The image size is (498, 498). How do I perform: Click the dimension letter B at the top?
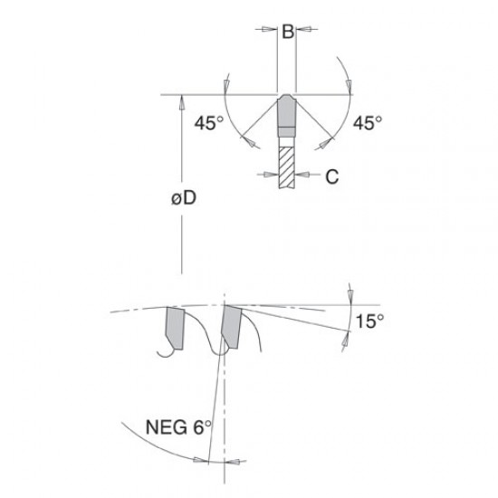tap(288, 32)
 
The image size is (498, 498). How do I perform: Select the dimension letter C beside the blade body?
tap(332, 177)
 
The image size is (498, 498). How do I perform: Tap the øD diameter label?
tap(184, 198)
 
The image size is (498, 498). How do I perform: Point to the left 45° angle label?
tap(208, 122)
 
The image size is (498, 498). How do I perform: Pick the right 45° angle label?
tap(368, 122)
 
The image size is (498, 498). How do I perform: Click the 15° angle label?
tap(369, 321)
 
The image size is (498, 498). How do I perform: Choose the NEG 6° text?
tap(177, 426)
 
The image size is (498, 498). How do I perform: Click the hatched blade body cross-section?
tap(287, 168)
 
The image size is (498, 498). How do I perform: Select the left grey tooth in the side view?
tap(175, 328)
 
